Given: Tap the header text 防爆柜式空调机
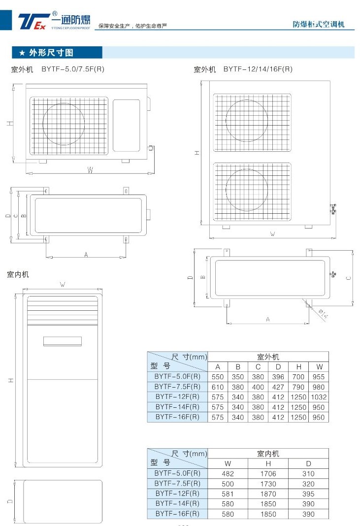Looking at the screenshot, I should tap(319, 24).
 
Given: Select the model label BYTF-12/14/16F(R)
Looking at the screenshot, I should tap(258, 69).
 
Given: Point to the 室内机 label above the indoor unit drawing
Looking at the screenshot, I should tap(18, 274).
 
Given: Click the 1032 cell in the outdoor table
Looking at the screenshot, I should tap(319, 397).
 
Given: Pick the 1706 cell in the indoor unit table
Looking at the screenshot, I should tap(268, 474).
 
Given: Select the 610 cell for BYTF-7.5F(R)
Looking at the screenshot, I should tap(217, 387).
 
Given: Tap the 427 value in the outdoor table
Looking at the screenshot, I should tap(278, 387).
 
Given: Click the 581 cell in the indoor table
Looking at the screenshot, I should tap(228, 494).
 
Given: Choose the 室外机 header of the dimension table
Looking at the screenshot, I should tap(268, 357).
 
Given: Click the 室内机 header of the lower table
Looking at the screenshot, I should tap(268, 454).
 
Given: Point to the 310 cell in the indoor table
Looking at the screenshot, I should tap(308, 474).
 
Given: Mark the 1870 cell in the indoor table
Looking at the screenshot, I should tap(268, 494).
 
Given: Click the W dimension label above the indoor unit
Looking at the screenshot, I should tap(63, 285).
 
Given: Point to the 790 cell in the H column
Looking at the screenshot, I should tap(298, 387).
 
